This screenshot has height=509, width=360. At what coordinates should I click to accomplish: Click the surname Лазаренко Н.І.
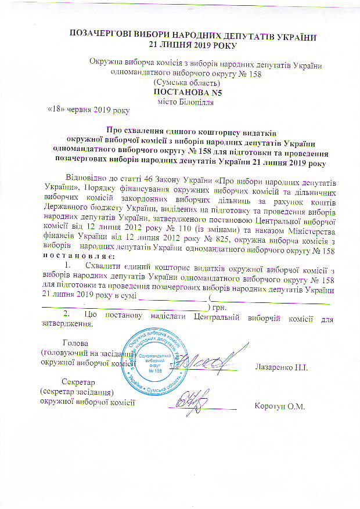(280, 367)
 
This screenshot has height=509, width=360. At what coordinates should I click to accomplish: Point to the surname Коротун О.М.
(280, 406)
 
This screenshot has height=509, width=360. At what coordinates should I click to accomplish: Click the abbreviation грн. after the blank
(219, 307)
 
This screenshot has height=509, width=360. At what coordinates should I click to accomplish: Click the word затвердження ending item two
(70, 324)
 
